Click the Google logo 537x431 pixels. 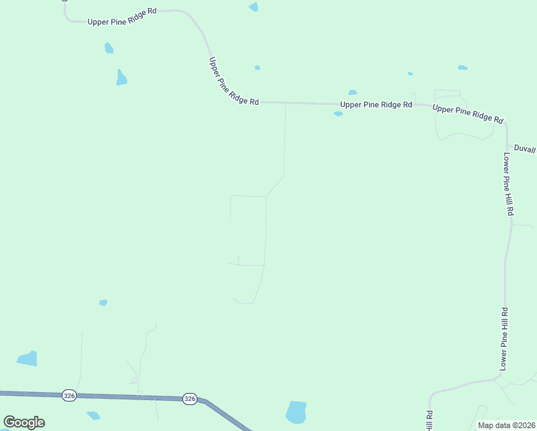coord(24,422)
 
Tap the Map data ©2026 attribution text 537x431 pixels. coord(507,425)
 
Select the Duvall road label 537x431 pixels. coord(525,149)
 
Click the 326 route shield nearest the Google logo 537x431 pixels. coord(69,395)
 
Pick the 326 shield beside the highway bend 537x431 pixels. coord(190,398)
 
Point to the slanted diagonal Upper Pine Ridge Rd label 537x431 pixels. coord(233,82)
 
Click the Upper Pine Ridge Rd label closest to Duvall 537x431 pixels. coord(467,113)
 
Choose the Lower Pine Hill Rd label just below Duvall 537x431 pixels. coord(508,184)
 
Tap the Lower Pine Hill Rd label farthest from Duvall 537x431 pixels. coord(504,339)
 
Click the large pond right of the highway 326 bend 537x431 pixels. coord(296,412)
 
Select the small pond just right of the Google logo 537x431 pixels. coord(93,415)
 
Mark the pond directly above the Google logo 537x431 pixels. coord(27,358)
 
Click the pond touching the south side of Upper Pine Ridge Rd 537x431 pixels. coord(338,113)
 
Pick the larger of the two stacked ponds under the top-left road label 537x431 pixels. coord(121,78)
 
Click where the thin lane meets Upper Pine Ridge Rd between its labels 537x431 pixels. coord(286,103)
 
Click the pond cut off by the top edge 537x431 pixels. coord(253,6)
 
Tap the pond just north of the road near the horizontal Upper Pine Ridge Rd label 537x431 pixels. coord(352,92)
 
